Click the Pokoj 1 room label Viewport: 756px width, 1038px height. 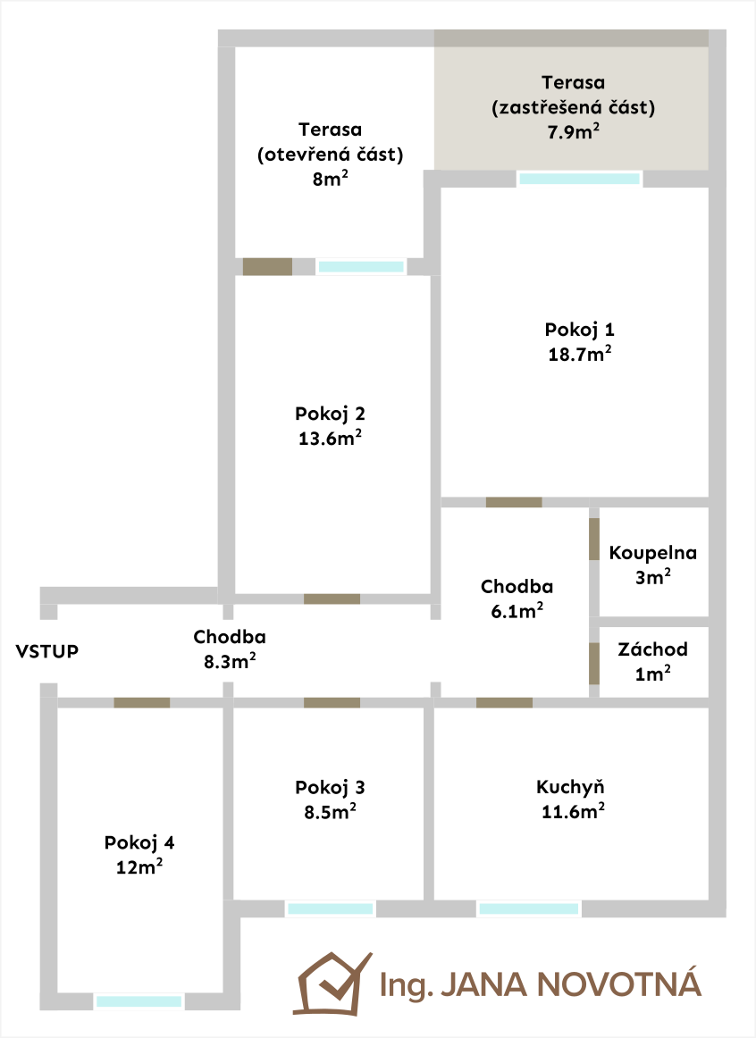(x=579, y=330)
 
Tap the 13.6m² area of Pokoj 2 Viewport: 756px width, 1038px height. (x=330, y=438)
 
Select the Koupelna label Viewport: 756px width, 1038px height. (x=652, y=553)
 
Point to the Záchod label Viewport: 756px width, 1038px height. (x=652, y=649)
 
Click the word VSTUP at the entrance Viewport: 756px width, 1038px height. (x=47, y=651)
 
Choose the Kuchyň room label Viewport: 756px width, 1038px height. (x=571, y=787)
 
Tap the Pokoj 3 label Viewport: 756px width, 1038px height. (x=330, y=787)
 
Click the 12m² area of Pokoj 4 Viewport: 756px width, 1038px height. (x=139, y=866)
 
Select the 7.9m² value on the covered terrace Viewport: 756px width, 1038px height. (x=574, y=131)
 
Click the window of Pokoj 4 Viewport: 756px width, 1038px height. (x=139, y=1001)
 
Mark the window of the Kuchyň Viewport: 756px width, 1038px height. (x=529, y=908)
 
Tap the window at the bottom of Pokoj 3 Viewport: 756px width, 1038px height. (x=331, y=908)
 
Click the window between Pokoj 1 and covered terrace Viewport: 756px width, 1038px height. (x=579, y=179)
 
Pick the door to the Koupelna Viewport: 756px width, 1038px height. (x=594, y=539)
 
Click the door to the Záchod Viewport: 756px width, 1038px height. (x=594, y=664)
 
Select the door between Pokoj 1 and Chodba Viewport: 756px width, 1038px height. (x=514, y=502)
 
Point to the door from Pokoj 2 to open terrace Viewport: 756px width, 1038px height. (x=267, y=267)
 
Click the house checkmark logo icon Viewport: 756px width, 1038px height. (x=333, y=984)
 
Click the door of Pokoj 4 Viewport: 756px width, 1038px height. (x=142, y=702)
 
